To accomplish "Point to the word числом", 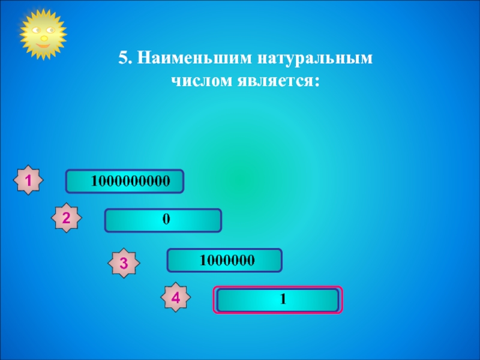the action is click(x=195, y=80).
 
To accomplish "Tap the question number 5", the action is click(x=123, y=58).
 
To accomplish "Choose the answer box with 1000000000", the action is click(x=125, y=181).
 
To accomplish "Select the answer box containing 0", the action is click(x=163, y=220).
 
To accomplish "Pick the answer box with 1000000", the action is click(x=224, y=260).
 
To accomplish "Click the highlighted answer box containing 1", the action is click(x=278, y=299).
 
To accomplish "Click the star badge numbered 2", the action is click(x=67, y=219).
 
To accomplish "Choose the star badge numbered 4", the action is click(x=176, y=297).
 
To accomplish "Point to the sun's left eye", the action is click(x=37, y=29).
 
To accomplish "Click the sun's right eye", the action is click(x=52, y=29).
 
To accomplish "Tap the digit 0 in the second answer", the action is click(x=165, y=220).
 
